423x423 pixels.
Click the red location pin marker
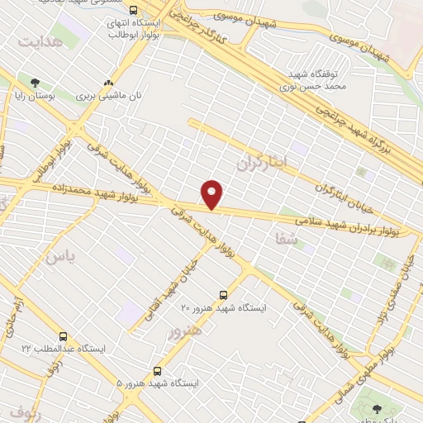coord(213,193)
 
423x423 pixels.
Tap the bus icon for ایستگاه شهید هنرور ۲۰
coord(223,294)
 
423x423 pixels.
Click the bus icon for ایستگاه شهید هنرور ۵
coord(158,371)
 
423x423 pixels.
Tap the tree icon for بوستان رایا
coord(34,83)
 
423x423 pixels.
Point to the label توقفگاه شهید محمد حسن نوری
coord(311,78)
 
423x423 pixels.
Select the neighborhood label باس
coord(59,257)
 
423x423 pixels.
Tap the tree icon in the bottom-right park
coord(378,410)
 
